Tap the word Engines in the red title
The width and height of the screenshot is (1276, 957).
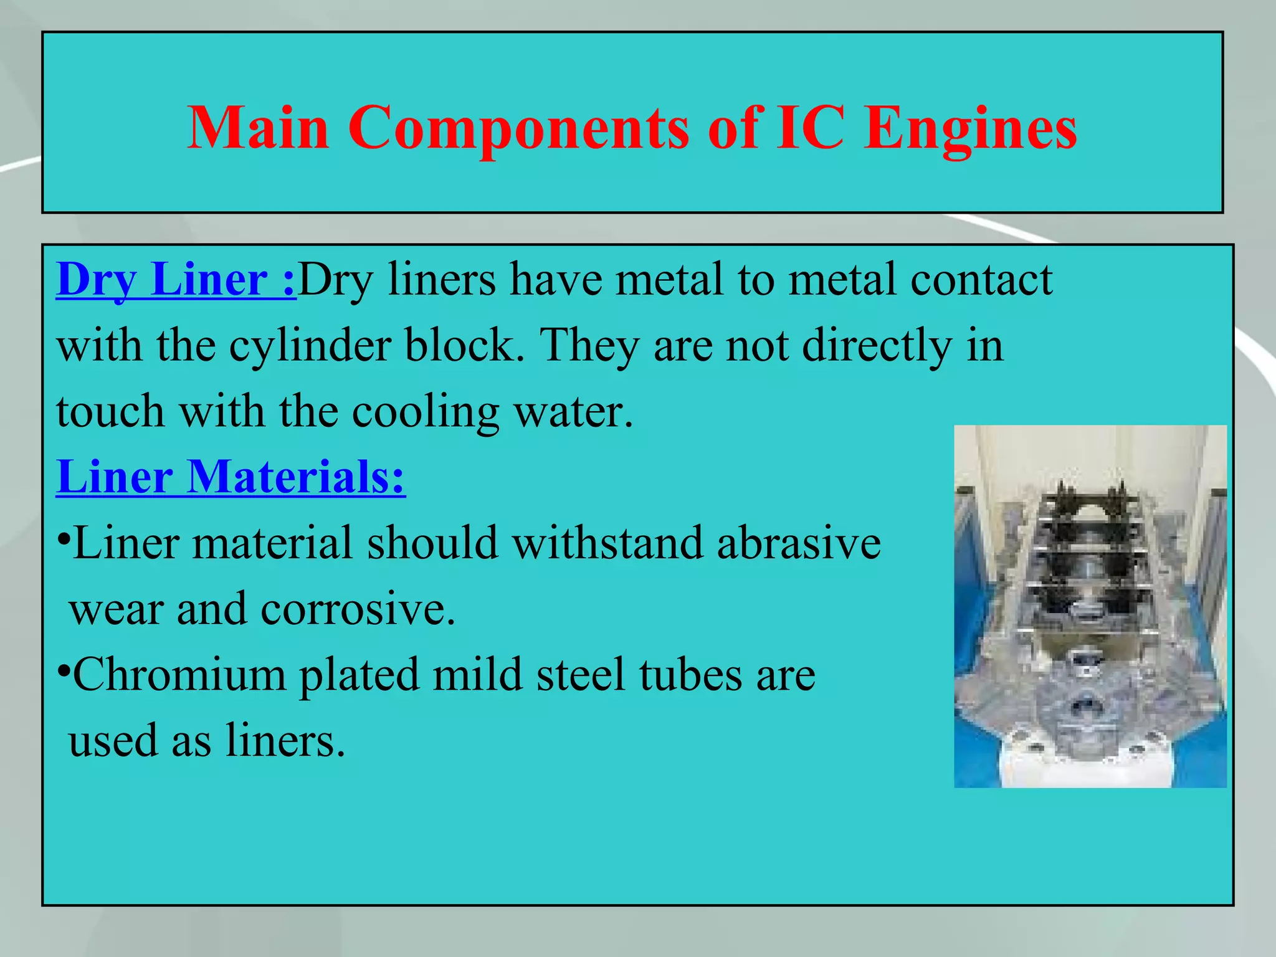point(971,129)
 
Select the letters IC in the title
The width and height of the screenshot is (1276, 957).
point(810,128)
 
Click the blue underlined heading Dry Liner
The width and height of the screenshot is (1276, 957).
point(176,280)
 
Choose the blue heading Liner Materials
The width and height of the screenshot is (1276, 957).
point(231,477)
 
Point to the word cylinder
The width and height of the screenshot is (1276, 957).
point(310,346)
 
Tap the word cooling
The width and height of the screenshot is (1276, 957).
point(425,412)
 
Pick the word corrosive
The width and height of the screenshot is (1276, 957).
point(358,609)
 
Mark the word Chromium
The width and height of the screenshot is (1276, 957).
point(179,675)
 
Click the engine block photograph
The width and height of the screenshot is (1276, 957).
point(1090,606)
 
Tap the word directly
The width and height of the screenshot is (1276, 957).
point(877,346)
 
